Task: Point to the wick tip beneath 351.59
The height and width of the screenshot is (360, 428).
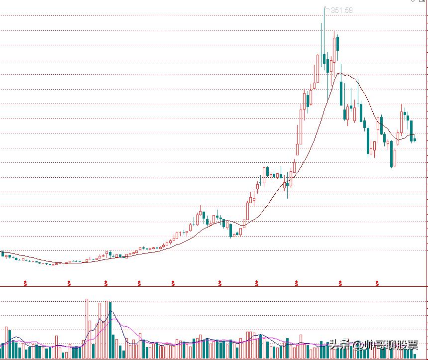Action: (324, 8)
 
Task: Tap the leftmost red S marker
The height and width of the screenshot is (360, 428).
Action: (25, 283)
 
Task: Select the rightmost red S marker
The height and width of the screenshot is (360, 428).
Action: (377, 283)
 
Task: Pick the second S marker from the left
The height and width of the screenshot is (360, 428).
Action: (69, 283)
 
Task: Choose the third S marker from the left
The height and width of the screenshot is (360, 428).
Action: (106, 283)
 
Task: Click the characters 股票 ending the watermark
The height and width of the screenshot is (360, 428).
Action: (408, 345)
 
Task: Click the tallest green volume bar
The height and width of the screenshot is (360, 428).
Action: (110, 329)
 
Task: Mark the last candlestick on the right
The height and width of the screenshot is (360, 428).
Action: (415, 139)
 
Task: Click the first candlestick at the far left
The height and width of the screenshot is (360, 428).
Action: (2, 254)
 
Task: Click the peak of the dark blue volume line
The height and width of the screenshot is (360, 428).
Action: (110, 312)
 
